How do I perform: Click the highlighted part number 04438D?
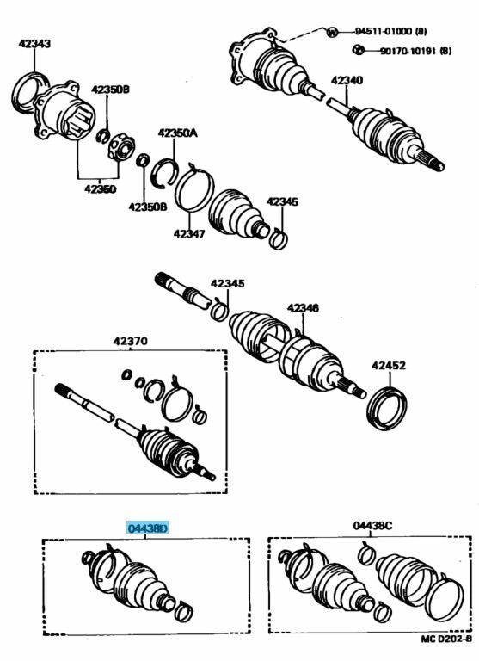147,528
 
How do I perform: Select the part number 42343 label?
34,43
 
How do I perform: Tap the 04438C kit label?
372,525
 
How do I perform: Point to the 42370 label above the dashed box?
130,340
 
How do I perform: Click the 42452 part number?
389,365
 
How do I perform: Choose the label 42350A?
177,133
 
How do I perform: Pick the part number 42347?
189,233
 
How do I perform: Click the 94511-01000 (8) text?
391,31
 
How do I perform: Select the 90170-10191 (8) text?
416,51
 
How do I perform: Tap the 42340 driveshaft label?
347,80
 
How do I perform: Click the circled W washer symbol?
333,32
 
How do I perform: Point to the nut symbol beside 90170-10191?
358,50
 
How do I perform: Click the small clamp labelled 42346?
278,239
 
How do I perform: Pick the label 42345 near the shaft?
228,283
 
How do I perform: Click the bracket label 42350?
101,188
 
